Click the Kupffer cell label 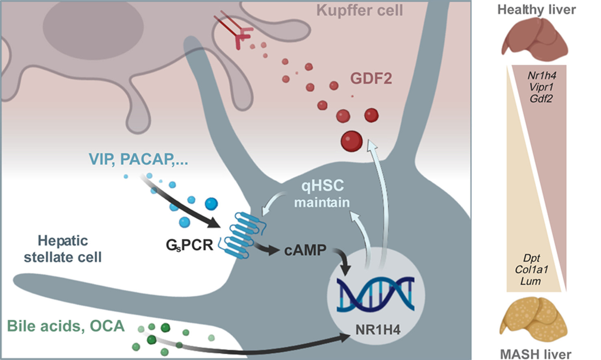pyautogui.click(x=360, y=10)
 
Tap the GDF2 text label pyautogui.click(x=371, y=78)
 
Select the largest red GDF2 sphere pyautogui.click(x=351, y=141)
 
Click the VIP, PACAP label pyautogui.click(x=138, y=159)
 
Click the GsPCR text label pyautogui.click(x=189, y=245)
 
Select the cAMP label pyautogui.click(x=305, y=250)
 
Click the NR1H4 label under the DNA pyautogui.click(x=378, y=329)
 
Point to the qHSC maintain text pyautogui.click(x=322, y=194)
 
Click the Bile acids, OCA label pyautogui.click(x=66, y=326)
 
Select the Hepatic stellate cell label pyautogui.click(x=63, y=249)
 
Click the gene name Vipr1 pyautogui.click(x=541, y=87)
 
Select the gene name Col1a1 pyautogui.click(x=531, y=269)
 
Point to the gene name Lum pyautogui.click(x=530, y=281)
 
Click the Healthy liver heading pyautogui.click(x=536, y=9)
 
